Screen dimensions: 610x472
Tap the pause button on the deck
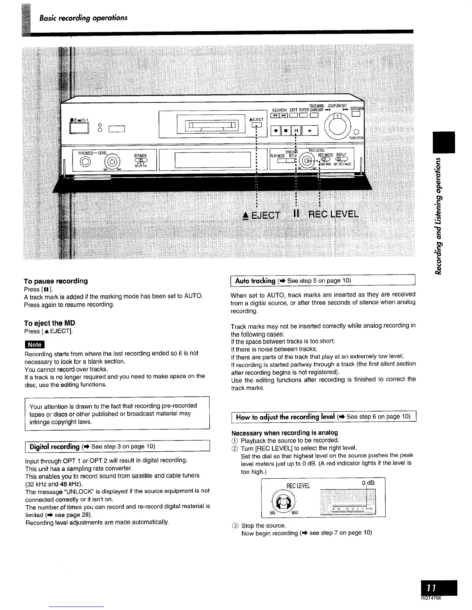pos(297,131)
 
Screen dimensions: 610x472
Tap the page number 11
pos(435,588)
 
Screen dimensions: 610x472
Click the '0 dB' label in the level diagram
pos(367,483)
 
